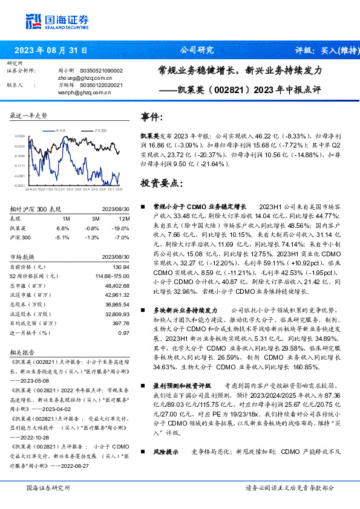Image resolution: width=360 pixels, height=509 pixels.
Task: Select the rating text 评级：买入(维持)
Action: click(x=323, y=50)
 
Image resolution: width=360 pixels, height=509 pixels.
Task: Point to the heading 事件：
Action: click(x=153, y=117)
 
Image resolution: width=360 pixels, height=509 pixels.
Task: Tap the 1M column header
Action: click(x=67, y=218)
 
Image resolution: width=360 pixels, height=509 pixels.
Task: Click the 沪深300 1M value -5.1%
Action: click(x=63, y=238)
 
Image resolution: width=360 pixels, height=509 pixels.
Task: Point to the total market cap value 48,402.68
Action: click(x=116, y=285)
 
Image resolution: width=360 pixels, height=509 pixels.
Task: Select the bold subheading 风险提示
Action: click(x=166, y=451)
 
